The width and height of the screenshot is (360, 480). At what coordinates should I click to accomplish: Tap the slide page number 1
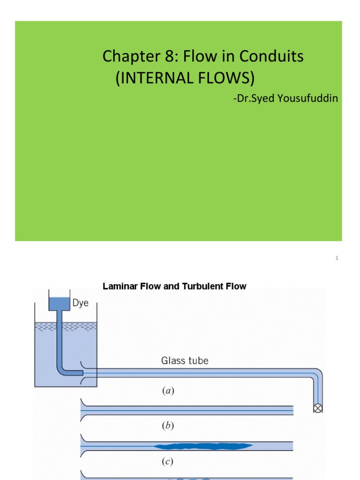(337, 258)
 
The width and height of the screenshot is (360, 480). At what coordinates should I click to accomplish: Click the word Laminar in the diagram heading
(118, 286)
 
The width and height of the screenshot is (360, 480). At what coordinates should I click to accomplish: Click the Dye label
(80, 303)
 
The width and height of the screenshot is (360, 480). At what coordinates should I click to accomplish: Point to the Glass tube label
(185, 360)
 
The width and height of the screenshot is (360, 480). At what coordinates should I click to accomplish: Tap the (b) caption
(167, 426)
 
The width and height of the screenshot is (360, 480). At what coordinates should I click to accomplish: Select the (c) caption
(167, 461)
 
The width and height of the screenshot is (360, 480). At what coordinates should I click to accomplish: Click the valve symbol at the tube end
(318, 408)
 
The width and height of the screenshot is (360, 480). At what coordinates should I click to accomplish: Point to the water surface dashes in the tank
(66, 327)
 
